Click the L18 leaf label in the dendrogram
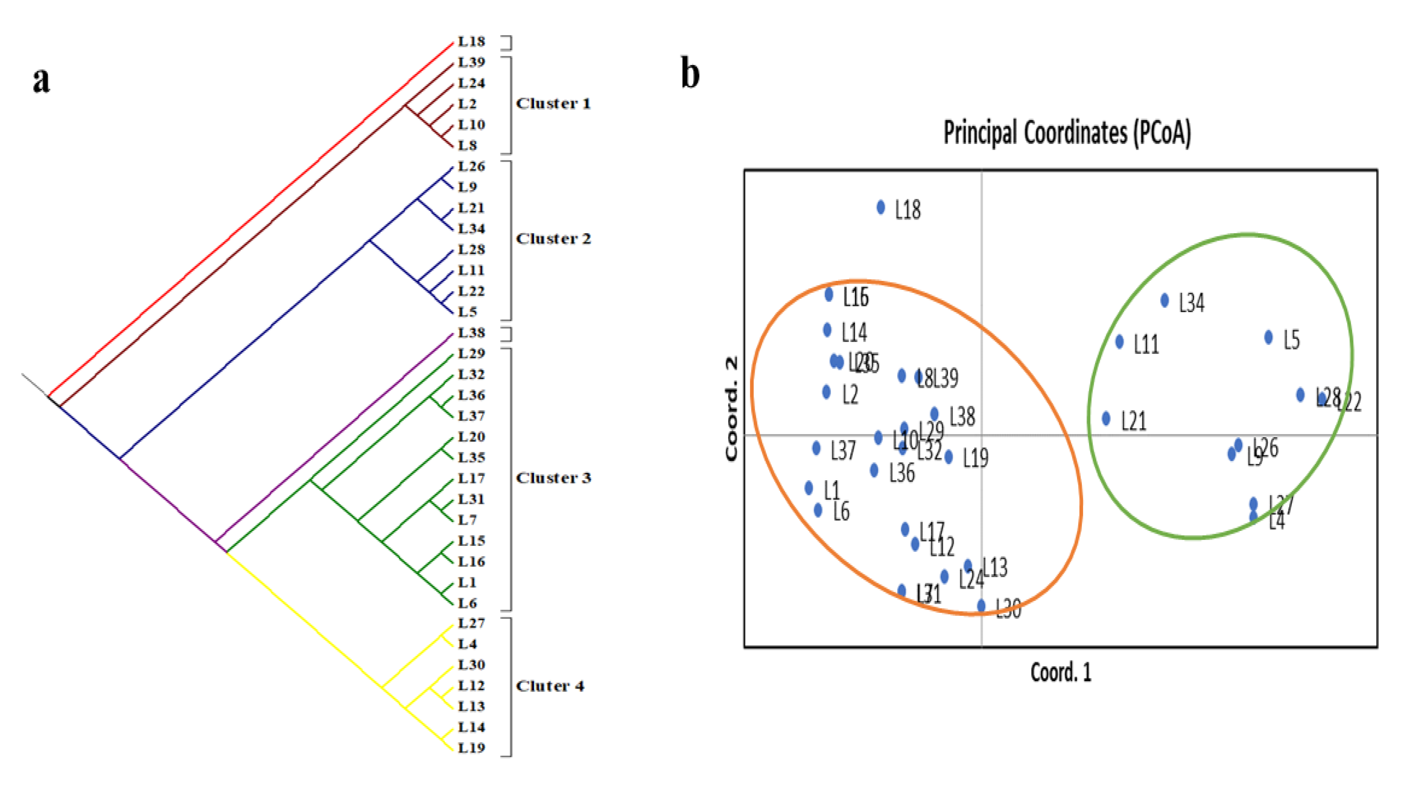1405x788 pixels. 471,41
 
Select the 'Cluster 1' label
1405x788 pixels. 553,103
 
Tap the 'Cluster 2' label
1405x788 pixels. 553,239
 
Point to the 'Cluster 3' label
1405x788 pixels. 553,478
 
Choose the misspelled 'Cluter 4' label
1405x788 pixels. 550,686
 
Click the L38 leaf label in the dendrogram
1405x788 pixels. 471,333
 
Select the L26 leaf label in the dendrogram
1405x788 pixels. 471,166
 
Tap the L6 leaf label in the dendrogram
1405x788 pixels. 468,603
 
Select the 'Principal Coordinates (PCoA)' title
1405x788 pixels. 1067,133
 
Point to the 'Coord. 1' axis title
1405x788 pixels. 1061,672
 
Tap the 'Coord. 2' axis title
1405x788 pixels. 731,409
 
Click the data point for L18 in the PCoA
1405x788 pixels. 881,207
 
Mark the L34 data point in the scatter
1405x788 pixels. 1165,300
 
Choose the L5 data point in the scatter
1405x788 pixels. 1269,338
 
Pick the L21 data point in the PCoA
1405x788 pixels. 1106,419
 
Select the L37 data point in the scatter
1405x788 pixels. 816,448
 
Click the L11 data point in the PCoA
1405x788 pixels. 1120,342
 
